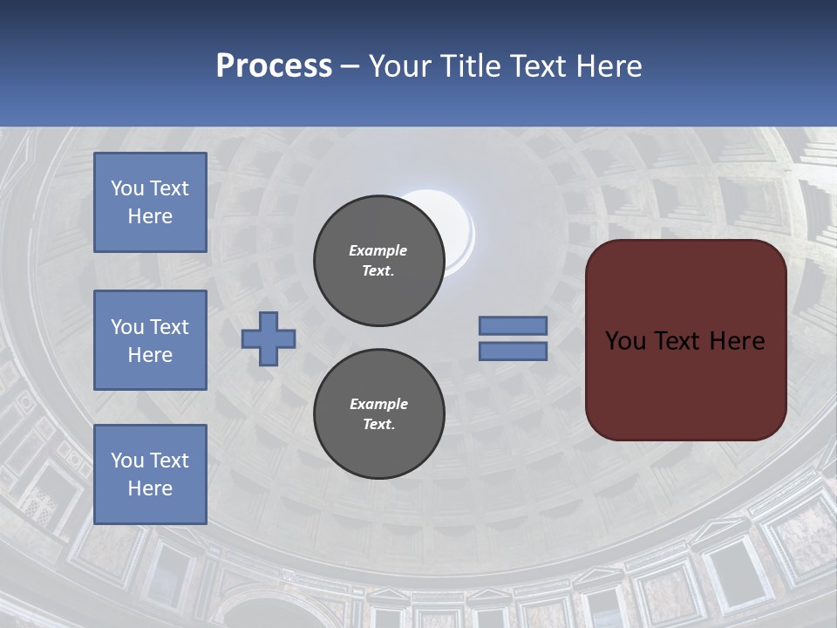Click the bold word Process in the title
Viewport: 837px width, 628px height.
pyautogui.click(x=274, y=66)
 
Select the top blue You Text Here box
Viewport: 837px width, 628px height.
pyautogui.click(x=150, y=202)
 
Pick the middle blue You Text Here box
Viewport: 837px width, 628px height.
pyautogui.click(x=150, y=340)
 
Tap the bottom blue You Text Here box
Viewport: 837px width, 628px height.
pyautogui.click(x=150, y=474)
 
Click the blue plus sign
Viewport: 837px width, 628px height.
pyautogui.click(x=269, y=338)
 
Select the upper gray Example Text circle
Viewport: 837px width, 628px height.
pyautogui.click(x=379, y=261)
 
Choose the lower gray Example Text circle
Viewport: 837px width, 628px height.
pyautogui.click(x=379, y=414)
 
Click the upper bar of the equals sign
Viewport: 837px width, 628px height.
pyautogui.click(x=514, y=325)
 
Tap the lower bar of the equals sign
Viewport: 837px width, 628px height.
pyautogui.click(x=514, y=352)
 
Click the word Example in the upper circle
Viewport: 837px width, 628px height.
pyautogui.click(x=378, y=250)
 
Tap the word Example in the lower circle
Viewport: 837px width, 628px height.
pyautogui.click(x=378, y=404)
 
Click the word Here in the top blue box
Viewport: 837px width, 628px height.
pyautogui.click(x=150, y=216)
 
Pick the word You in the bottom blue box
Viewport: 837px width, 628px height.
pyautogui.click(x=127, y=461)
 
